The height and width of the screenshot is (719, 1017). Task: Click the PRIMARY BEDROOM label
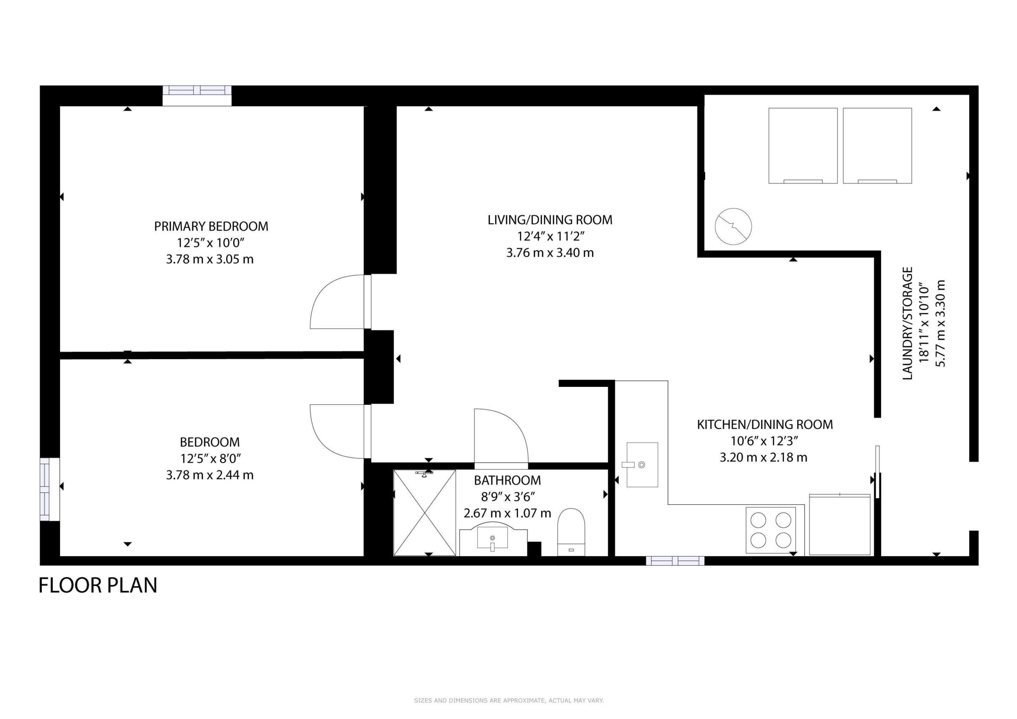coord(211,226)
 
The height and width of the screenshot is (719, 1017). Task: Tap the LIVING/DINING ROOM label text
coord(550,220)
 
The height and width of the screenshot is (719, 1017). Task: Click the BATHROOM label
coord(507,480)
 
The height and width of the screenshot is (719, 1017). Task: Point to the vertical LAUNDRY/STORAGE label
coord(908,323)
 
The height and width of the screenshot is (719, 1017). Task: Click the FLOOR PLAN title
coord(98,585)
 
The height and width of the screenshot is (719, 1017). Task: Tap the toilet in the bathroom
coord(571,532)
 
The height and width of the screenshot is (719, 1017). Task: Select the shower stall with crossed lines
coord(424,512)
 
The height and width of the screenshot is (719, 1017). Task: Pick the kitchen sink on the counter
coord(642,465)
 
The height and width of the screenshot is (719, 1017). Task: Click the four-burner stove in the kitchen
coord(771,530)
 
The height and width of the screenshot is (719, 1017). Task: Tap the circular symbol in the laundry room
coord(733,226)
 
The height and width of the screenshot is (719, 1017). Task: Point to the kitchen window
coord(675,561)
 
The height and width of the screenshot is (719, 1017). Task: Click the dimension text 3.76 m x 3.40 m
coord(550,253)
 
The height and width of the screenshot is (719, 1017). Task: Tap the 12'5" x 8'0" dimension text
coord(211,458)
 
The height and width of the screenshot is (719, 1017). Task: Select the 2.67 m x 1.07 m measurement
coord(507,513)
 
